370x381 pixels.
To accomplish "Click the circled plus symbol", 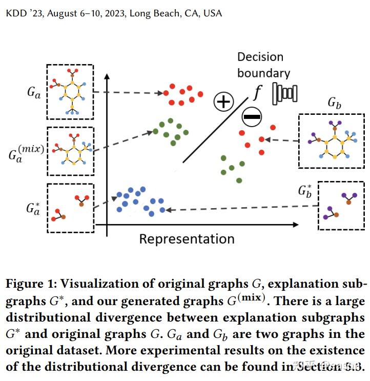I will coord(223,102).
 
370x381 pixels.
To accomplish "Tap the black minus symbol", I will coord(251,118).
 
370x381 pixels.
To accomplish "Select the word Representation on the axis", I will coord(187,239).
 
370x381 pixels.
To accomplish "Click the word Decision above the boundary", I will coord(260,57).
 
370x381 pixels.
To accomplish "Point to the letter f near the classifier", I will coord(258,93).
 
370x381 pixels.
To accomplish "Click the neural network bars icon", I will coord(285,93).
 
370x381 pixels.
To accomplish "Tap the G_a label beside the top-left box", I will coord(34,93).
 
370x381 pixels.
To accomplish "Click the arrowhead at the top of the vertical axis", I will coord(107,77).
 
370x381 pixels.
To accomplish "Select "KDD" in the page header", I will coord(17,13).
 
